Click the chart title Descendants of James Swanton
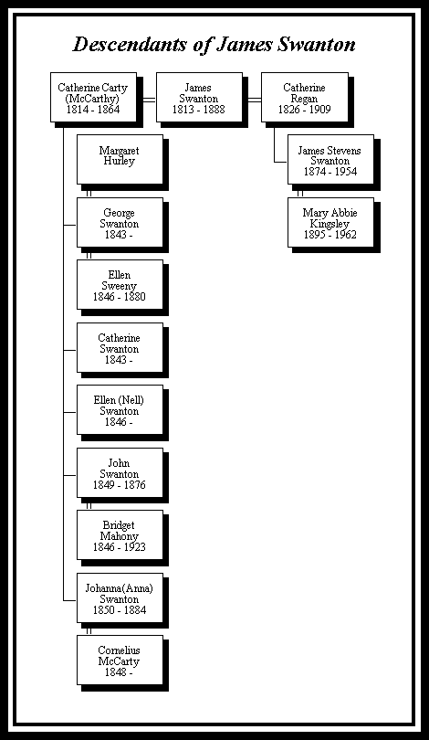pos(214,45)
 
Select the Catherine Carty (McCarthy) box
pos(93,97)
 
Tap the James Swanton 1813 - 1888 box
pos(199,97)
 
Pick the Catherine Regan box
pos(305,97)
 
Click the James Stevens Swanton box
pos(331,160)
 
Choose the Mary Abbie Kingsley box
pos(331,222)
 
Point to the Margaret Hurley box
pos(120,160)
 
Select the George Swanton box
pos(120,222)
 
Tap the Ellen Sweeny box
pos(120,284)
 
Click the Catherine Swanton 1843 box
pos(120,347)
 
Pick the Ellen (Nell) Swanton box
pos(120,409)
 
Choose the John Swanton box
pos(120,472)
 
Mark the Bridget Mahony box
pos(120,534)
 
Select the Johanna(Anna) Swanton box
pos(120,597)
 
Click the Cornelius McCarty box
pos(120,660)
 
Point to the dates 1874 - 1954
pos(330,172)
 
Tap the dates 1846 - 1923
pos(120,547)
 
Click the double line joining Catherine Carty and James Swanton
pos(150,100)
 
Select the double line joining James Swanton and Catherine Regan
pos(255,100)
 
